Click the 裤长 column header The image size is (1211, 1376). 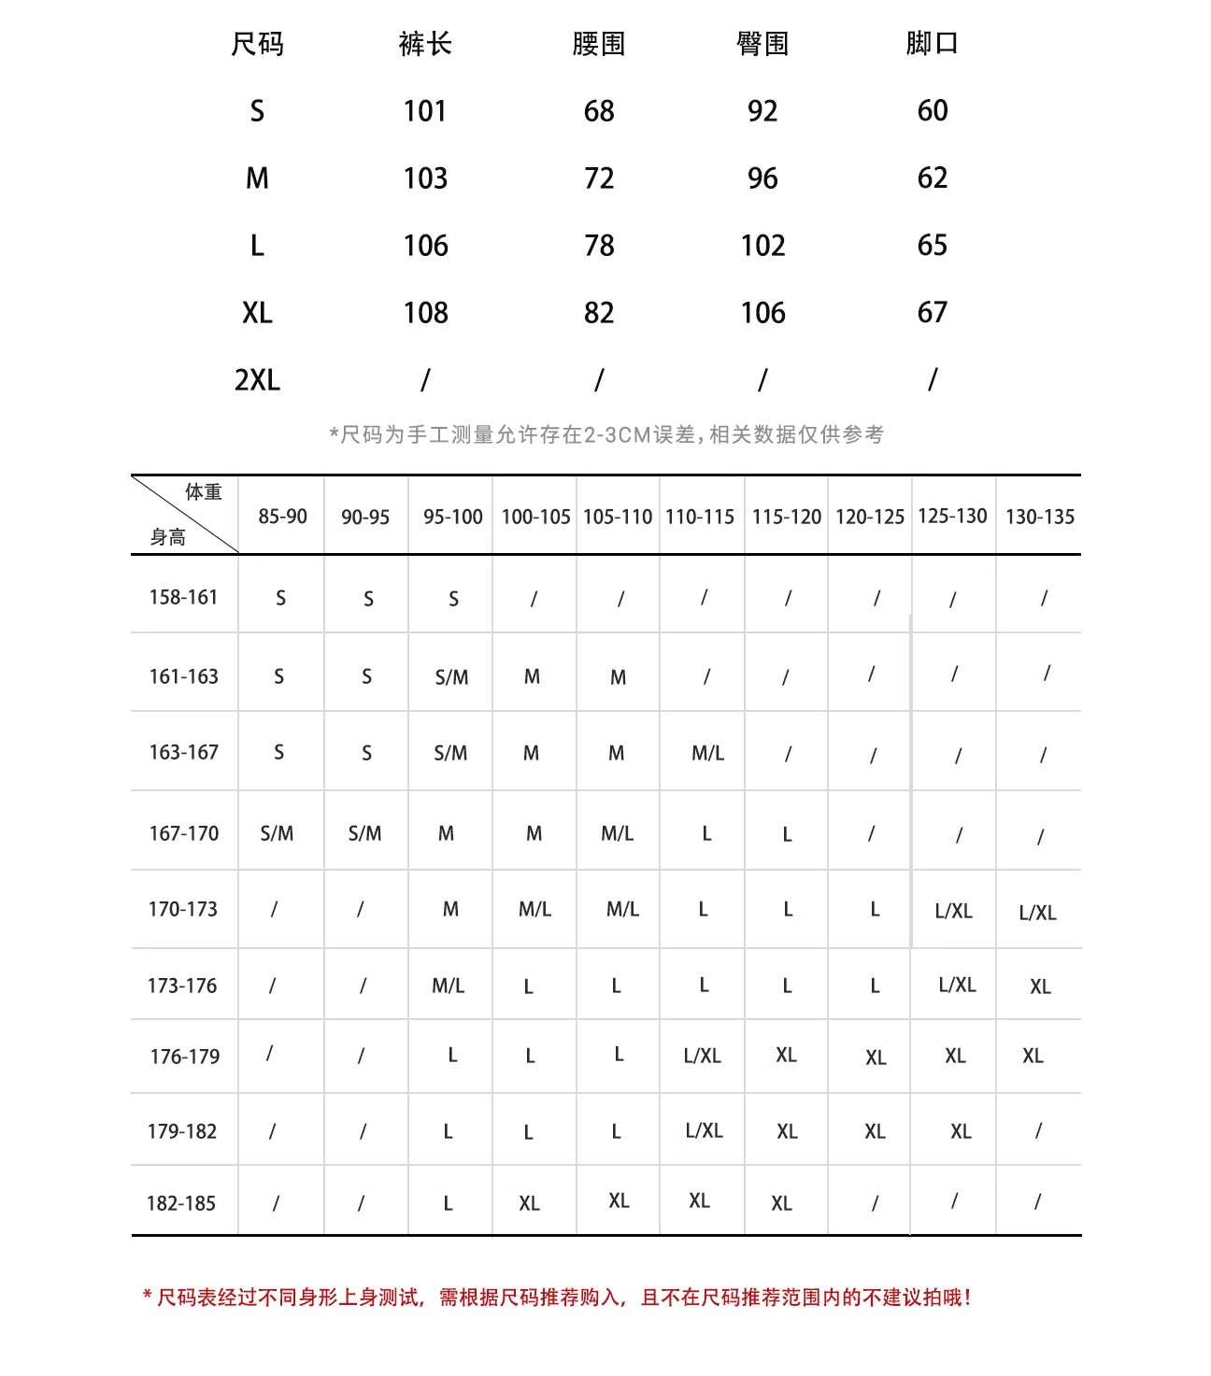[425, 44]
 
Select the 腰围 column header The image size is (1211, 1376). [598, 44]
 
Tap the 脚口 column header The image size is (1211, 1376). [932, 44]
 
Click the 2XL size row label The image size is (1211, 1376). [257, 380]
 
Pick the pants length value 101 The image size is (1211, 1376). [425, 111]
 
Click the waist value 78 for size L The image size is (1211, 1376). [599, 246]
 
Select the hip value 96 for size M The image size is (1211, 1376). [762, 178]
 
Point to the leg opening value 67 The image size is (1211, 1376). [932, 312]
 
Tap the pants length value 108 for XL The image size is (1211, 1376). [425, 313]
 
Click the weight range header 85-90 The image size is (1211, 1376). [282, 517]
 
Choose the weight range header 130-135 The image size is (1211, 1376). [1040, 517]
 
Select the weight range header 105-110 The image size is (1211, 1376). [618, 517]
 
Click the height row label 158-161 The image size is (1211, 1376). [183, 597]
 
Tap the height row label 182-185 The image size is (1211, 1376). [181, 1203]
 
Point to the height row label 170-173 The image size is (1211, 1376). [183, 909]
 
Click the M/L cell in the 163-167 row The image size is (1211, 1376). [707, 753]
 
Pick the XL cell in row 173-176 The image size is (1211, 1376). [1040, 986]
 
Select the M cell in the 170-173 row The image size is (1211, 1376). [450, 909]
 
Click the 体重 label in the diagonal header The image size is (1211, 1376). [204, 492]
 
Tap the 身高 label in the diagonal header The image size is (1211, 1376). [168, 537]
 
